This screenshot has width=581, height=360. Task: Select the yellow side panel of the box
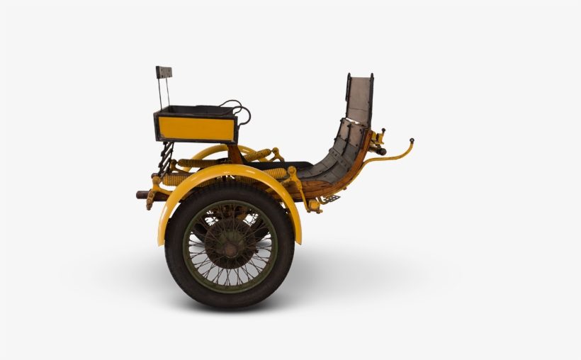click(x=196, y=128)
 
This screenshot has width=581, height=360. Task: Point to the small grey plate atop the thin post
click(x=164, y=72)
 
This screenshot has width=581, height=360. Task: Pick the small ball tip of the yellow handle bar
click(x=411, y=141)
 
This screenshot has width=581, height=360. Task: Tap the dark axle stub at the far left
click(x=141, y=194)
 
